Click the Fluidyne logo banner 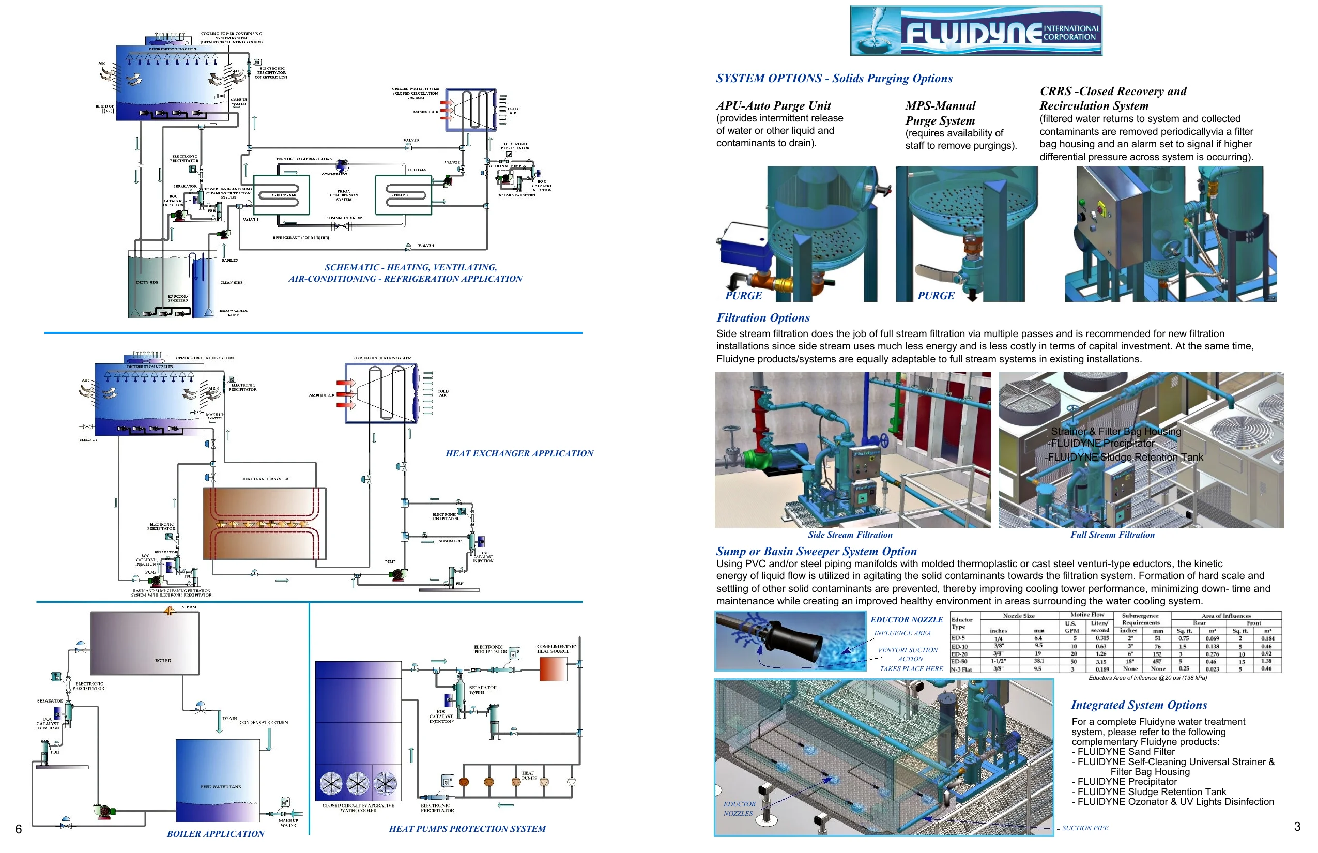click(x=975, y=31)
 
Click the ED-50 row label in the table click(x=959, y=661)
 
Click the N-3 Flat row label click(x=961, y=669)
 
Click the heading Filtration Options click(x=762, y=318)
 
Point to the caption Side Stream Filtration click(x=850, y=535)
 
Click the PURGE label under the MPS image click(x=936, y=296)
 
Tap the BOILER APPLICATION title click(x=216, y=834)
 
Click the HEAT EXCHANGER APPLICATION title click(x=519, y=454)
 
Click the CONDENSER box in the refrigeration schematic click(x=284, y=195)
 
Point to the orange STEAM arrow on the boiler click(x=170, y=610)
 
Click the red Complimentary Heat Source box click(x=552, y=668)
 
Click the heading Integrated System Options click(x=1139, y=705)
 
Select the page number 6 click(x=18, y=829)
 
